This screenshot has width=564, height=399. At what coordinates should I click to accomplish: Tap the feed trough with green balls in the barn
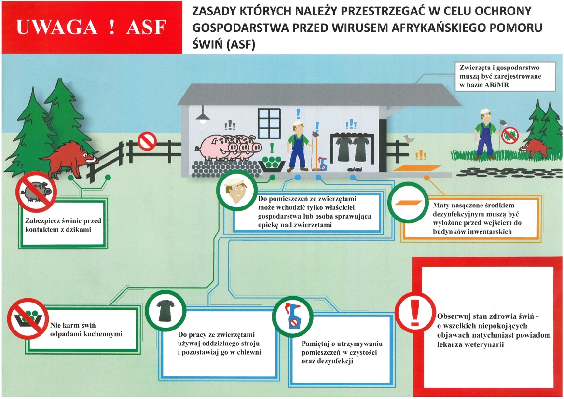coord(272,163)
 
